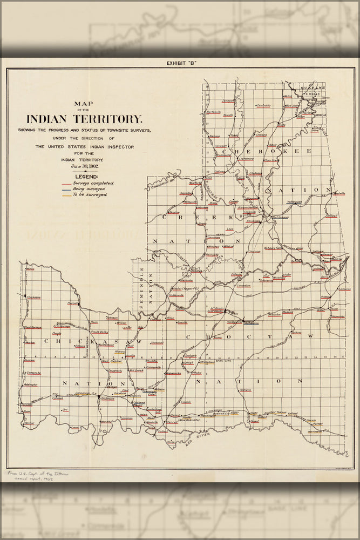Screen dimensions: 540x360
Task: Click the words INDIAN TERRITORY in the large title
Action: (x=84, y=119)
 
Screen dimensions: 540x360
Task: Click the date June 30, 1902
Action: (x=84, y=166)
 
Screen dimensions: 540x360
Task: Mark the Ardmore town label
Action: (x=107, y=399)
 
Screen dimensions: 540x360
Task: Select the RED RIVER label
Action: (x=202, y=435)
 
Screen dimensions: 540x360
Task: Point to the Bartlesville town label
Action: (x=214, y=112)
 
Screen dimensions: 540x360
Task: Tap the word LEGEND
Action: (x=86, y=177)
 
